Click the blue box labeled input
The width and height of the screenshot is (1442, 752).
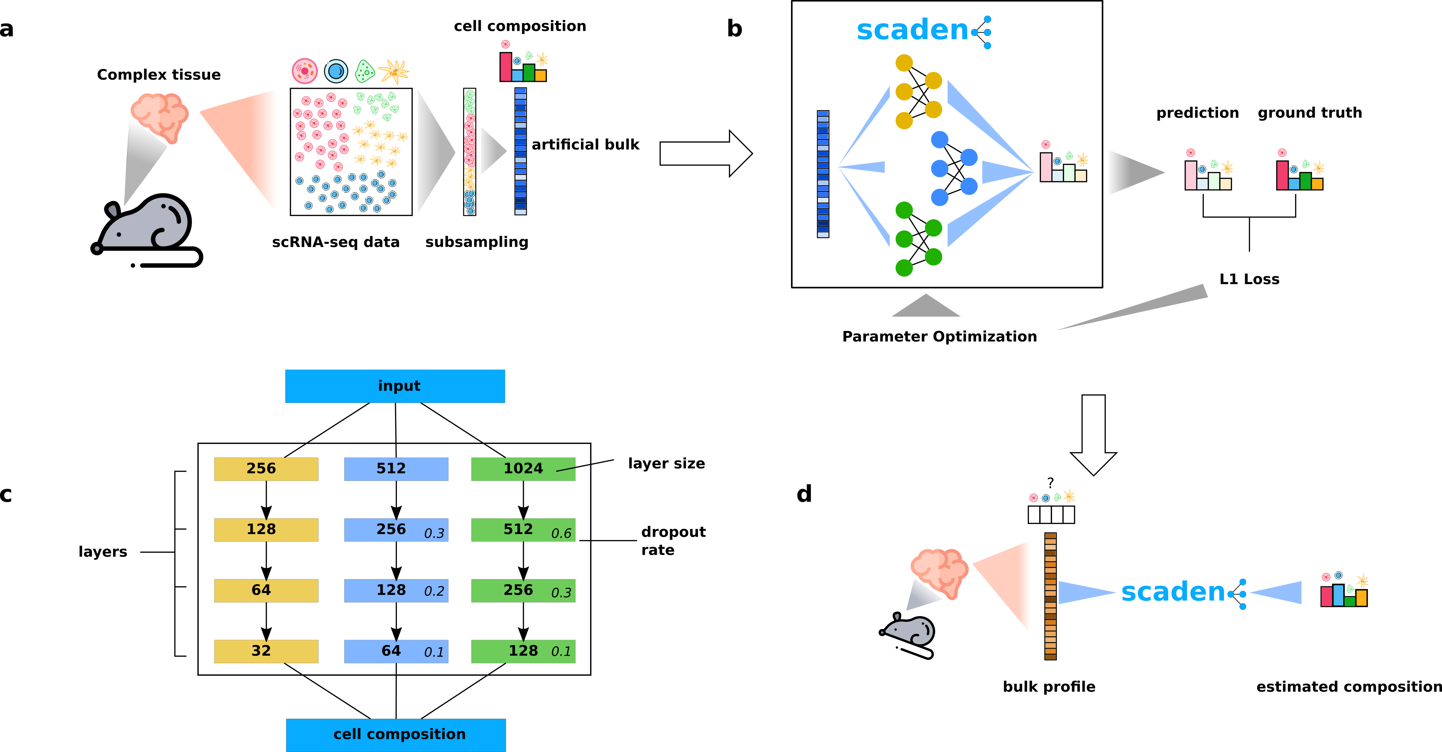coord(395,386)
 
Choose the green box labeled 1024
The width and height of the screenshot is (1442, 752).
coord(523,469)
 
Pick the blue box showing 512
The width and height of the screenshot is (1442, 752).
coord(396,469)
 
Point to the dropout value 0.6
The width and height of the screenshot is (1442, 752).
coord(561,534)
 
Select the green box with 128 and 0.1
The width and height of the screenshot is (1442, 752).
coord(523,651)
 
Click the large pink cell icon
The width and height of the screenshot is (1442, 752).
coord(305,71)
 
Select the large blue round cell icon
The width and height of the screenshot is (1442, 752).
coord(336,71)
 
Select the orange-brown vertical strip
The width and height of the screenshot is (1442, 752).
coord(1050,596)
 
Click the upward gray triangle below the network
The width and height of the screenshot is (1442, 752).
coord(926,307)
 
